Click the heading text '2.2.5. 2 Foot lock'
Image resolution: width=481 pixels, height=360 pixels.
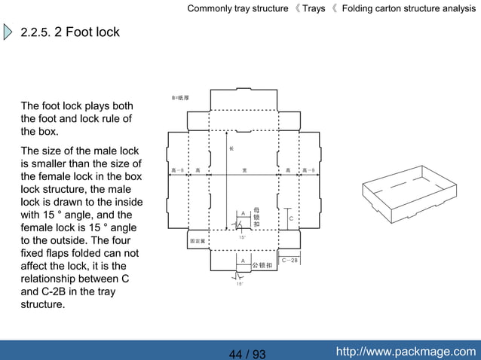[x=70, y=33]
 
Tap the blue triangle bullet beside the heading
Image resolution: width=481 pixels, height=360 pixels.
[x=8, y=33]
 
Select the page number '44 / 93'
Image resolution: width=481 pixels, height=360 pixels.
[x=247, y=354]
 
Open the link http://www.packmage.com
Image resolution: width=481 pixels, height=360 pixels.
[x=406, y=352]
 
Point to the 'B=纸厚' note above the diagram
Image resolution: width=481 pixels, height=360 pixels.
[x=180, y=98]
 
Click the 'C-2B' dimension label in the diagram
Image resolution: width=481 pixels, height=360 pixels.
[x=290, y=260]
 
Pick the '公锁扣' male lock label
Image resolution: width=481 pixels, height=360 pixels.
[x=262, y=265]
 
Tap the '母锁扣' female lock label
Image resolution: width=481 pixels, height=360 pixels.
[x=256, y=217]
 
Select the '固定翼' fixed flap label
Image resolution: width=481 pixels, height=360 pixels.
[x=198, y=241]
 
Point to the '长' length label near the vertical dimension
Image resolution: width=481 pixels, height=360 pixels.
[x=231, y=148]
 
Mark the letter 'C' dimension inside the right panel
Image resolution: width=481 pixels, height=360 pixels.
[x=291, y=218]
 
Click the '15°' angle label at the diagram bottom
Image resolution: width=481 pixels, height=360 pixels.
[x=239, y=284]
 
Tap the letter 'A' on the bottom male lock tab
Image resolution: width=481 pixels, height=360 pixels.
[x=242, y=261]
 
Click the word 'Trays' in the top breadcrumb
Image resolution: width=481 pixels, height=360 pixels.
[x=314, y=9]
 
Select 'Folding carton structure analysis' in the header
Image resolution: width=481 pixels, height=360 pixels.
[x=409, y=9]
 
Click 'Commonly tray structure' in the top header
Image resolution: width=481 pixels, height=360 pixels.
[x=237, y=9]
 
